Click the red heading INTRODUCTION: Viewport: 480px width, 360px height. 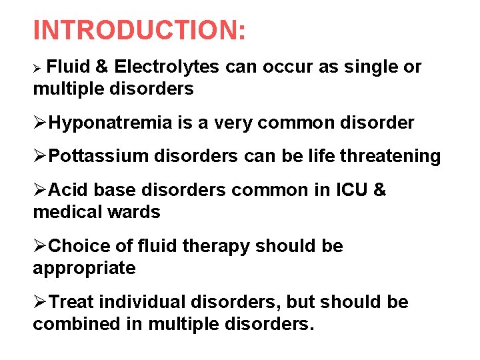click(139, 30)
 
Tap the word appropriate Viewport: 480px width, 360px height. click(84, 269)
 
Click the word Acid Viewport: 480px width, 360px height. click(69, 190)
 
